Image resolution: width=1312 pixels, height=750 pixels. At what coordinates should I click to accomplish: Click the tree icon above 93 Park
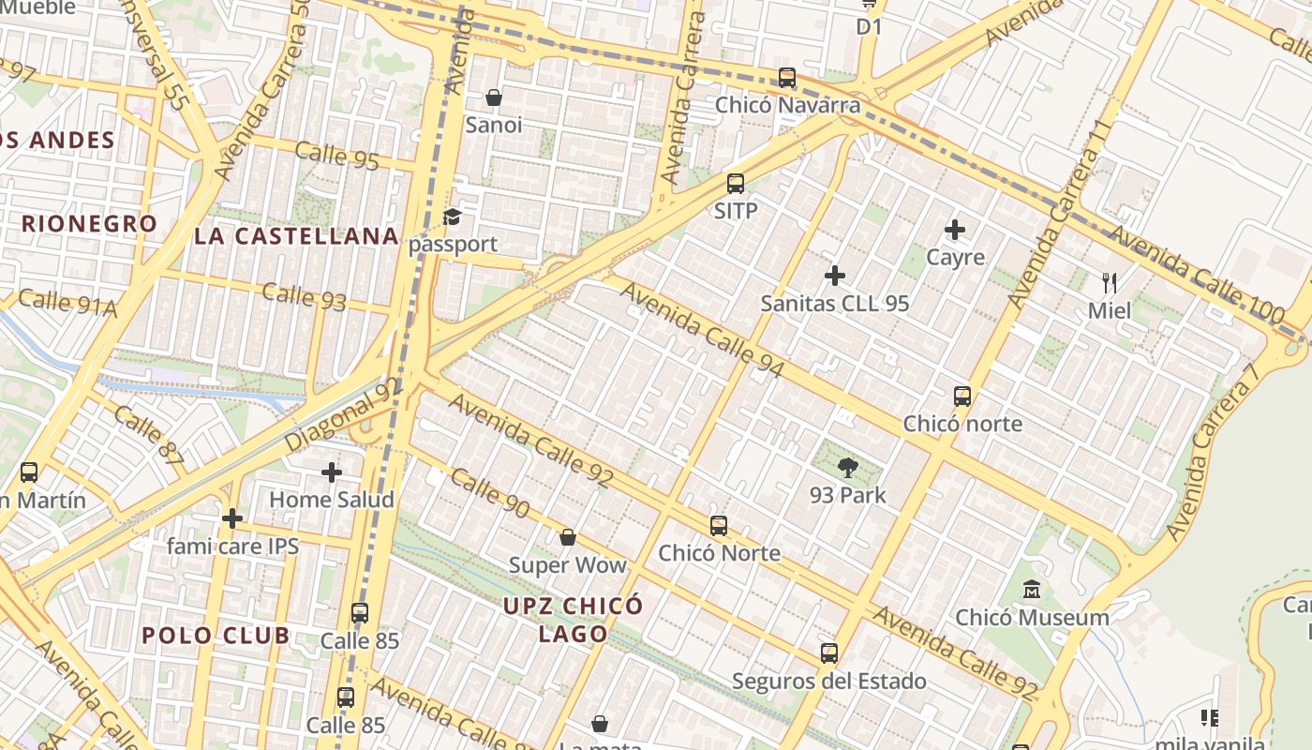click(847, 467)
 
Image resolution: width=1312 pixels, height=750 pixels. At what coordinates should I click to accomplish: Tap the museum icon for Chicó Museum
click(1032, 590)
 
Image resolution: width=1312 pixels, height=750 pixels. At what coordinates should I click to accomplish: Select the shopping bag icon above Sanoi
click(494, 97)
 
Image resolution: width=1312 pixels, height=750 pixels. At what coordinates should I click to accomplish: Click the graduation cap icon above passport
click(453, 217)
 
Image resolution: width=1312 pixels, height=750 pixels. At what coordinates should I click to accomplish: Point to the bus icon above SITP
click(736, 184)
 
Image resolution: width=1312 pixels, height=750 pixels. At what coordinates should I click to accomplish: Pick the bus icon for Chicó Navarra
click(787, 78)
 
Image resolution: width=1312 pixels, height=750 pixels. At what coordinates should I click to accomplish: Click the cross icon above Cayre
click(955, 230)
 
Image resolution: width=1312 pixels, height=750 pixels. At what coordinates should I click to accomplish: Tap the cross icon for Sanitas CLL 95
click(834, 276)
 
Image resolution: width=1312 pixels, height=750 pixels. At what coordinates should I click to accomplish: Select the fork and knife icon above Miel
click(1110, 282)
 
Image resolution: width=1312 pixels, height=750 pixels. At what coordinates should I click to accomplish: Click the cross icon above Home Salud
click(331, 472)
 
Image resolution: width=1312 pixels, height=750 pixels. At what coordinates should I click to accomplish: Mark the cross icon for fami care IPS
click(232, 518)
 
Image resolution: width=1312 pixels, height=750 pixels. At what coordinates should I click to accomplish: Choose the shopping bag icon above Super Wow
click(567, 537)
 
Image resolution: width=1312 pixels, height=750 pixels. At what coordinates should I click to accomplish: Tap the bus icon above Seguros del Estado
click(829, 653)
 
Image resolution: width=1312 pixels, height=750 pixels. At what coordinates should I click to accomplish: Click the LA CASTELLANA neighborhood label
click(297, 236)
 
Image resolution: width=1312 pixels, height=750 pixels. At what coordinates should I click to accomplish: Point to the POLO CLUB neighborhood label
click(216, 636)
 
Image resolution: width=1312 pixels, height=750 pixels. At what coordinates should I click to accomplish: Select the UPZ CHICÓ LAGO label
click(574, 619)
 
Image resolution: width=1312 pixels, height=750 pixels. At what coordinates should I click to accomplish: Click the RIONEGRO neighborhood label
click(89, 224)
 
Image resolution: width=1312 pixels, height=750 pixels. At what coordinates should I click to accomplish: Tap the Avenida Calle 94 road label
click(702, 330)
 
